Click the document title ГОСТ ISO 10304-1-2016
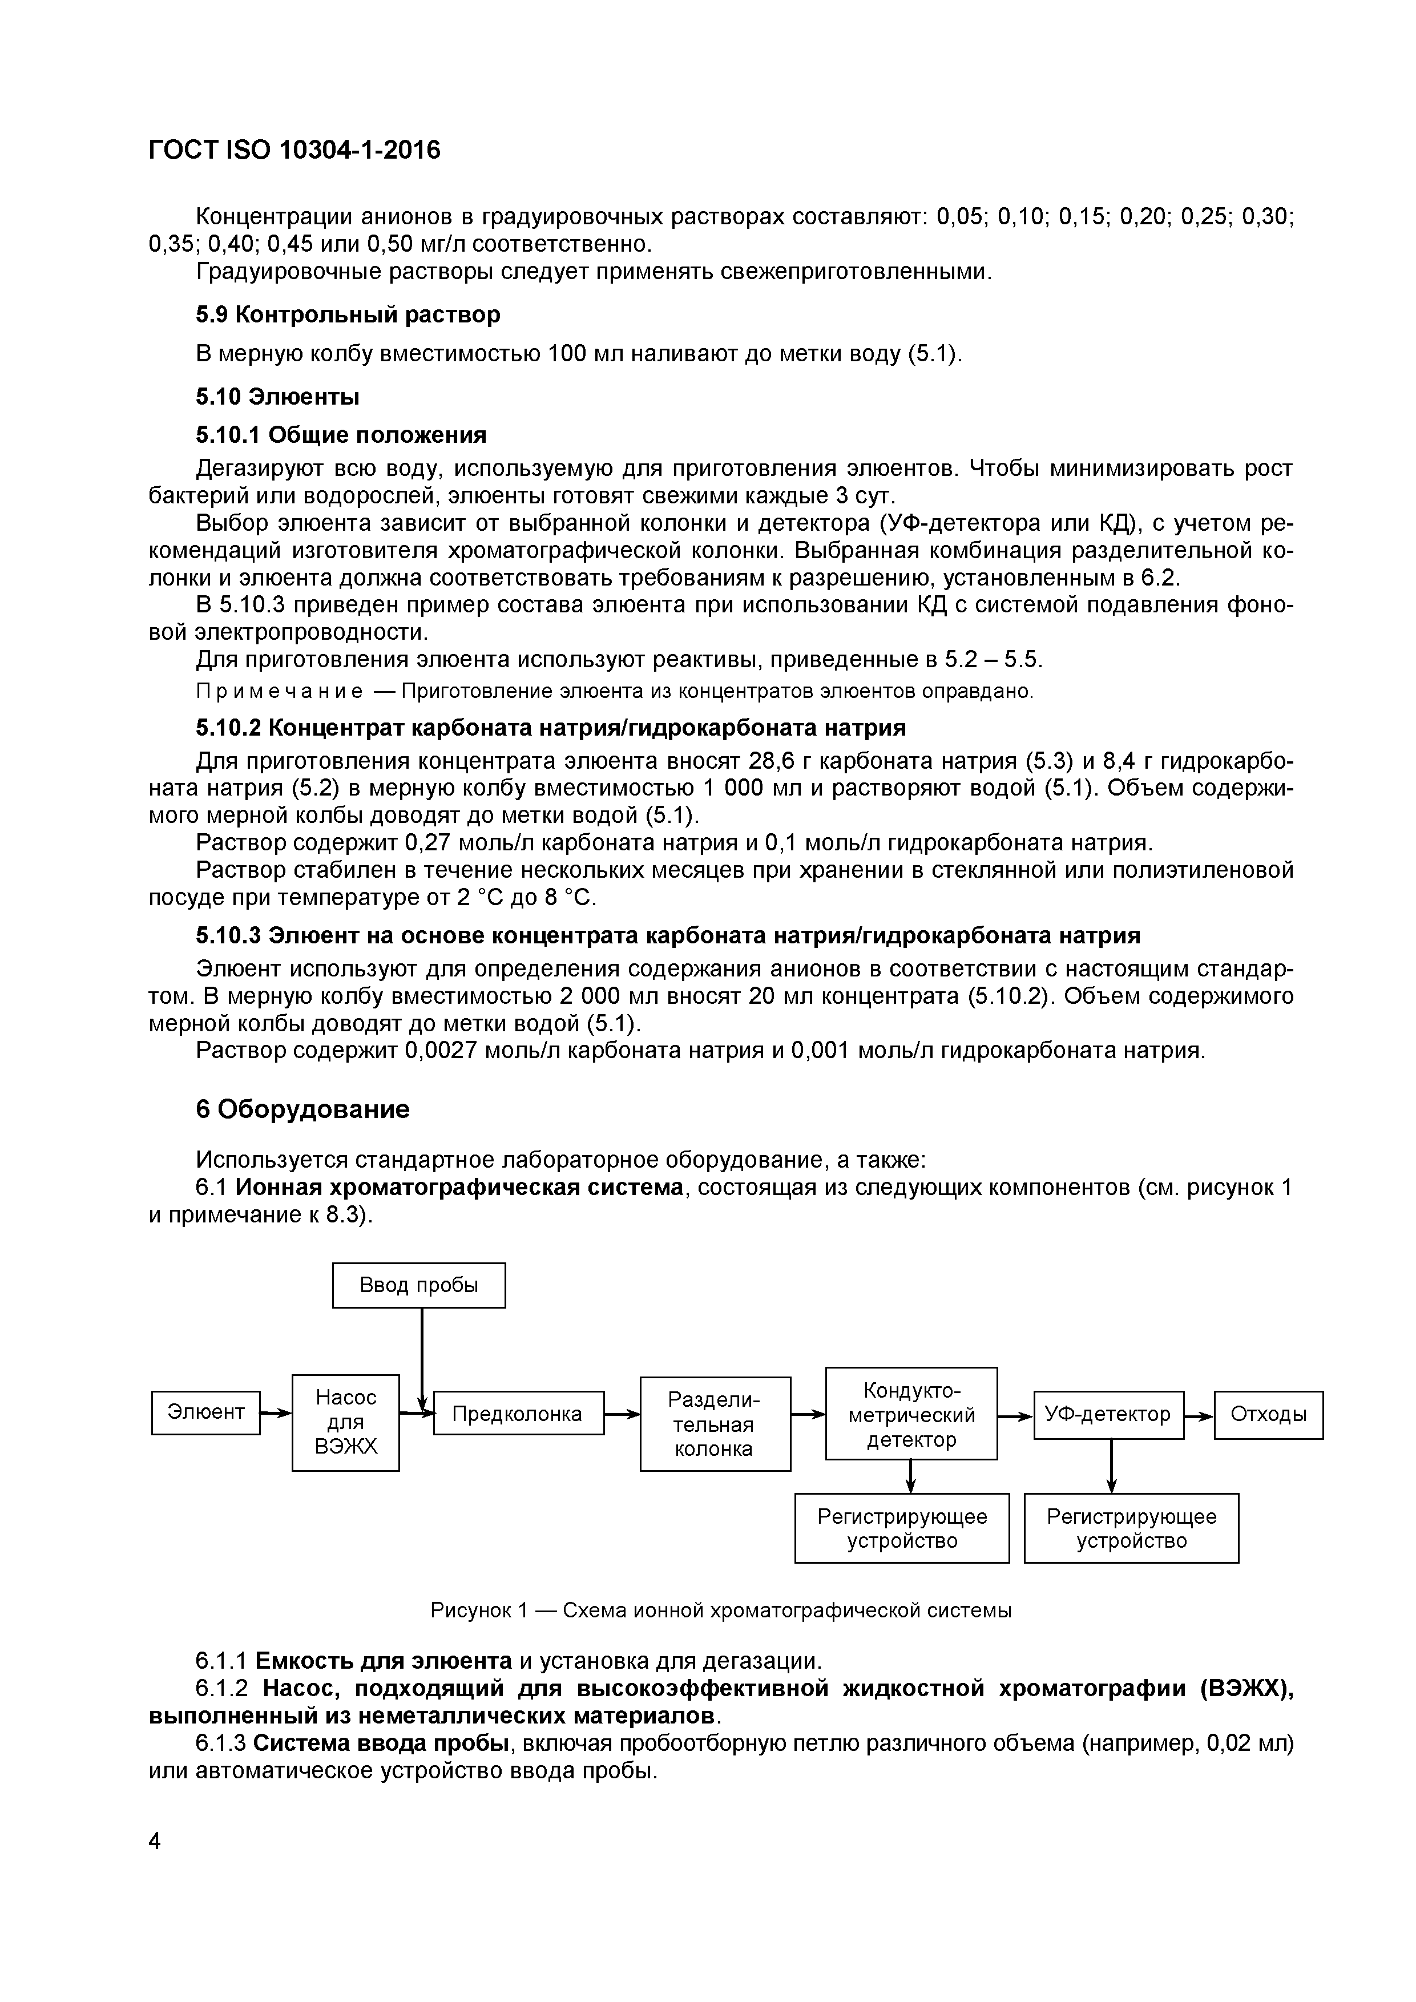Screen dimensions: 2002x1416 [x=295, y=151]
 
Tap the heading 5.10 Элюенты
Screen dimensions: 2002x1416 [x=277, y=397]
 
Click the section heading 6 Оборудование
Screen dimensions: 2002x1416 [x=302, y=1109]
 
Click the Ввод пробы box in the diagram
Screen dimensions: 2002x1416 [x=418, y=1285]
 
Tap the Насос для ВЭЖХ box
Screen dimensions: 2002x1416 [x=345, y=1422]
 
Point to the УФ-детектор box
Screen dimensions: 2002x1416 [x=1108, y=1414]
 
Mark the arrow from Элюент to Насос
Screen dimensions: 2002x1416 [x=276, y=1412]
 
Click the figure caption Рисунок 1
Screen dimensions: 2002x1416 [x=720, y=1611]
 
